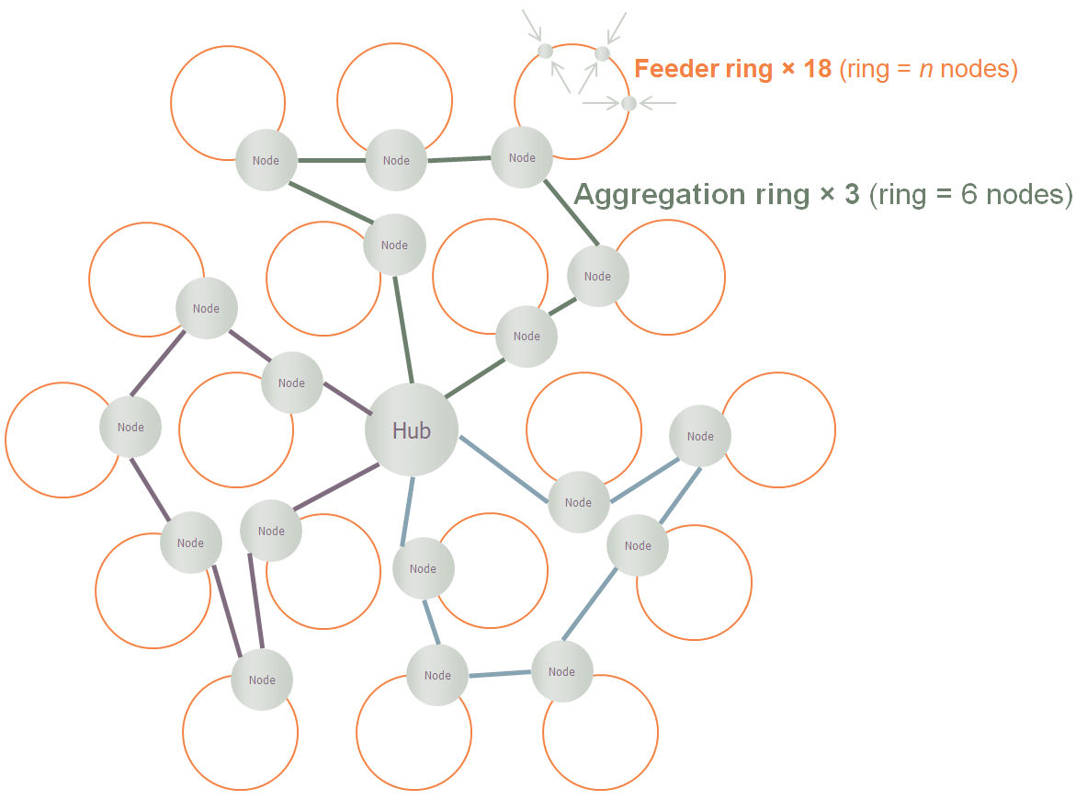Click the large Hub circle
click(x=411, y=430)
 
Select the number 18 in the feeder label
click(x=818, y=69)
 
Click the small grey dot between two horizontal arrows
click(x=629, y=103)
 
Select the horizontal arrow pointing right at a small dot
click(x=599, y=103)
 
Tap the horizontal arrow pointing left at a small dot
click(x=657, y=103)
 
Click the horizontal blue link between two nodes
click(x=499, y=674)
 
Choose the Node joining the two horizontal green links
click(x=396, y=160)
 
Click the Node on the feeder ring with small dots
click(x=522, y=158)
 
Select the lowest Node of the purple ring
click(x=262, y=680)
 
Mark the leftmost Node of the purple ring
click(x=130, y=428)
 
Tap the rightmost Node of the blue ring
click(x=700, y=437)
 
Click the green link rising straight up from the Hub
click(x=402, y=329)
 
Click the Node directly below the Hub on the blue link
click(x=423, y=569)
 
